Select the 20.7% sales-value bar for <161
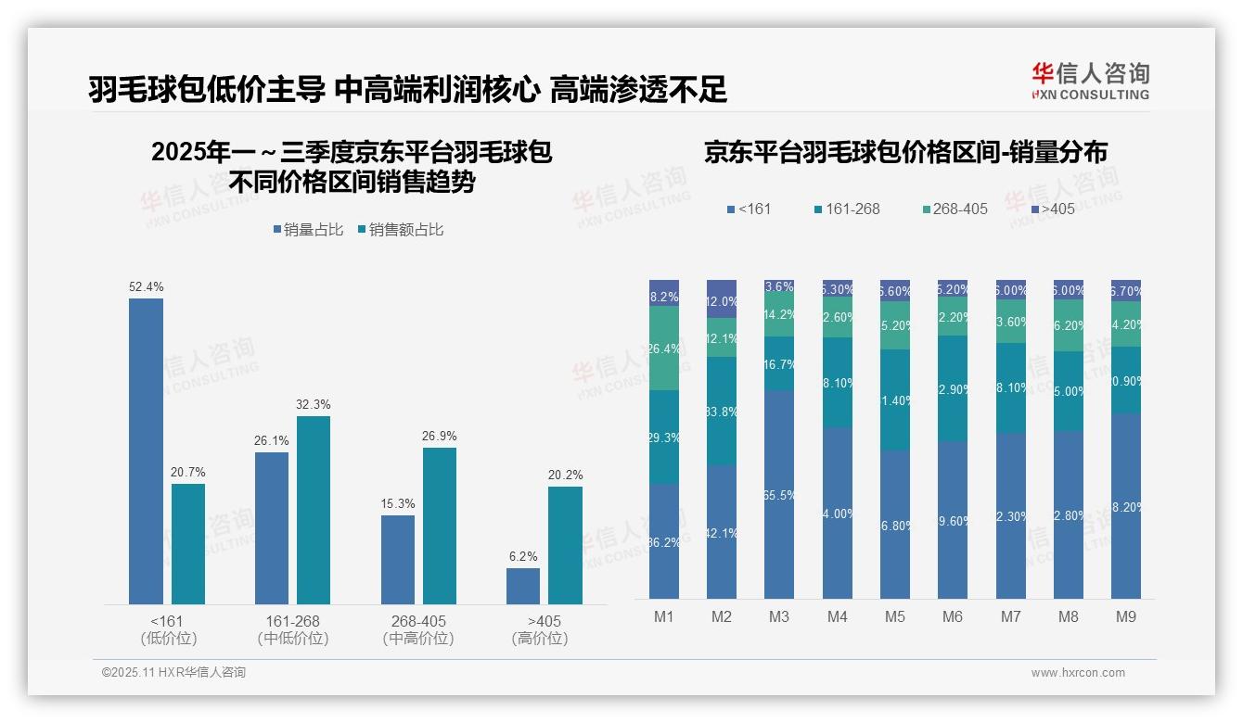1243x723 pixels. (x=188, y=544)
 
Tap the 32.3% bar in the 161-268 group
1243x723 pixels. (x=314, y=510)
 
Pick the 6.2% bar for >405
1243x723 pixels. (x=523, y=586)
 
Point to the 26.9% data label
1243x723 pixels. (x=439, y=436)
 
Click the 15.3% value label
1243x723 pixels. (x=397, y=503)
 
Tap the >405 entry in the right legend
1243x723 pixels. (x=1051, y=209)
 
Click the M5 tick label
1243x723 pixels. (x=894, y=616)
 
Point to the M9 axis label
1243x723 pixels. (x=1126, y=616)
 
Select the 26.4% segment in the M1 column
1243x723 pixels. (x=664, y=349)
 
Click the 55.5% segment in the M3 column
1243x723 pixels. (x=779, y=494)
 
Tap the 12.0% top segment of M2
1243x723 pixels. (x=722, y=299)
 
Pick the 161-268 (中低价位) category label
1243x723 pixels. (x=292, y=629)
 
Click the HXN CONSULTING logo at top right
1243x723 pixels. (x=1090, y=82)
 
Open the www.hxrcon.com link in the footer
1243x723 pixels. (x=1077, y=673)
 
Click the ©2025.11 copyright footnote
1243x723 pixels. (x=173, y=673)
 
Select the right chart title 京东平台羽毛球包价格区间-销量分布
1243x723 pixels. (x=905, y=152)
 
